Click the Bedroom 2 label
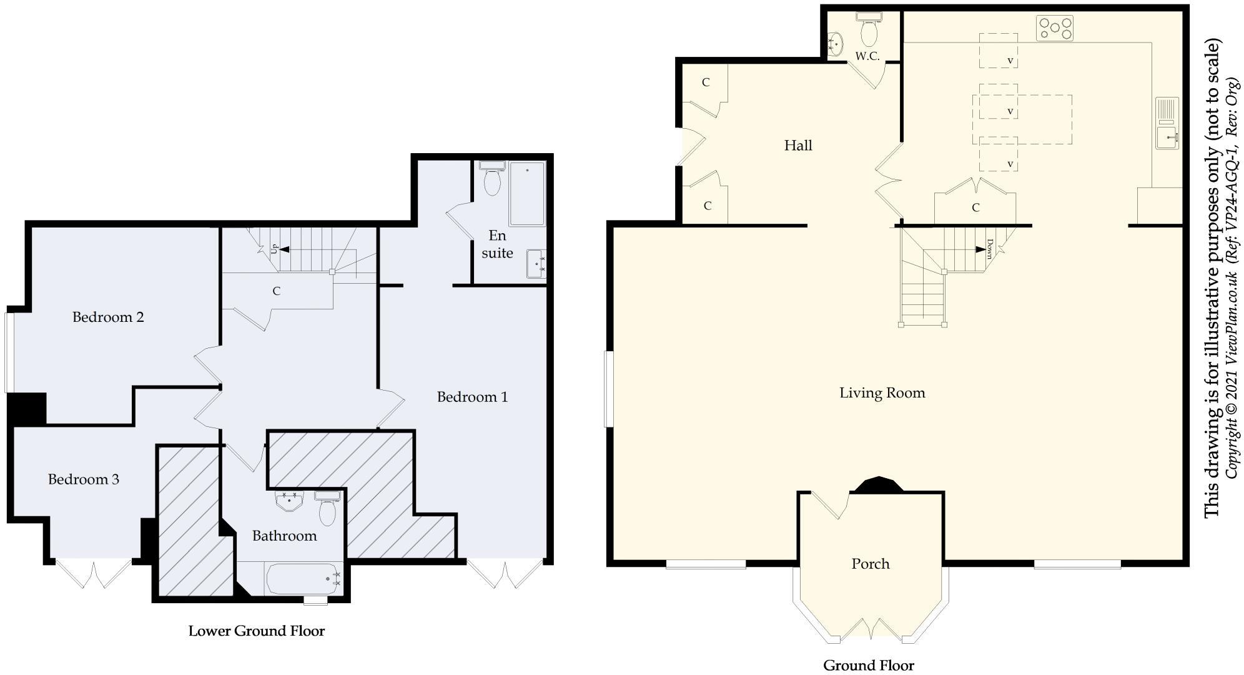coord(108,317)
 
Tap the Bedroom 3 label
coord(84,479)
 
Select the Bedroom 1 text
coord(472,397)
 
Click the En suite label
coord(497,244)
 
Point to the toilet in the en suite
coord(492,179)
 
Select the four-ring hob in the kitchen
coord(1055,28)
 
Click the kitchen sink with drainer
coord(1167,123)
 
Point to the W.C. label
coord(867,56)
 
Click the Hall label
coord(798,146)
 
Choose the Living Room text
coord(882,393)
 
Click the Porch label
coord(871,564)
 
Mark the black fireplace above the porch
coord(878,486)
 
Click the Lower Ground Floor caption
coord(257,631)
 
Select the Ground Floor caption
coord(868,666)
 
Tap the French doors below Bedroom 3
coord(94,574)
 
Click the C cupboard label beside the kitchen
coord(975,207)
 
